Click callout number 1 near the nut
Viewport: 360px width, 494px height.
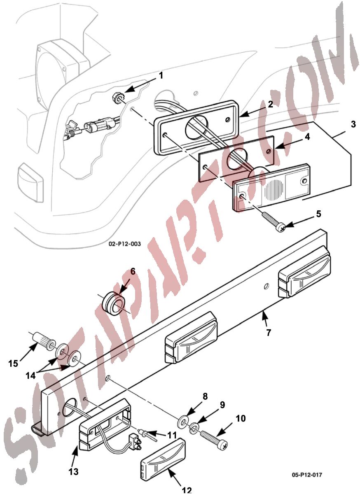click(161, 76)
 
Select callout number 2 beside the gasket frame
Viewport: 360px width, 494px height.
click(270, 104)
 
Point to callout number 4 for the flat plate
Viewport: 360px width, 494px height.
click(307, 137)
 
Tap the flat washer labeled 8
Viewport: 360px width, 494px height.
click(182, 417)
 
